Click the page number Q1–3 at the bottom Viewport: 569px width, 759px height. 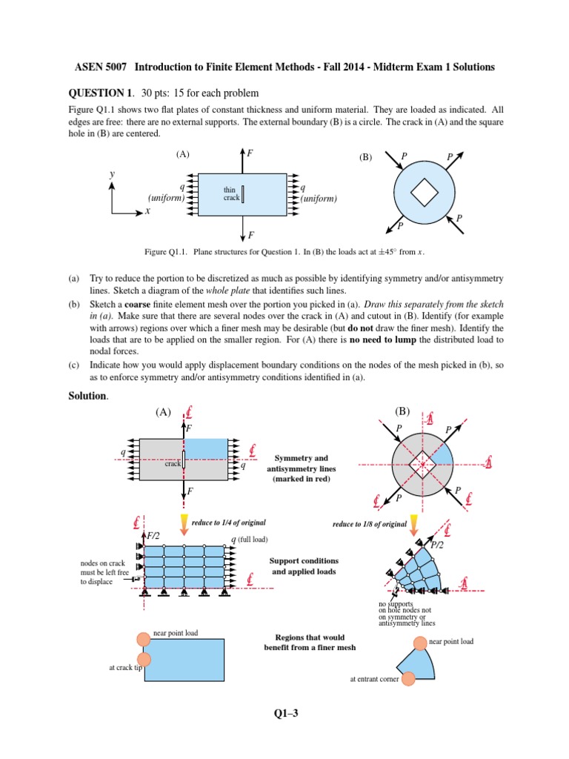(x=284, y=714)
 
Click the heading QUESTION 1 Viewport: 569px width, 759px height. (x=100, y=93)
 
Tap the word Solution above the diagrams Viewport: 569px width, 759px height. (x=87, y=396)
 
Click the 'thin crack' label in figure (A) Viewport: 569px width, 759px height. (x=230, y=194)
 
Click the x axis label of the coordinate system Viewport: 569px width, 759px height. (x=147, y=211)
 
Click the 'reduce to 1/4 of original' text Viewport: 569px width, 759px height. (x=228, y=523)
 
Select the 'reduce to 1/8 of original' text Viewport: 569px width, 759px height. (x=370, y=524)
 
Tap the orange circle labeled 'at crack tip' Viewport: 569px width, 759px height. (x=144, y=659)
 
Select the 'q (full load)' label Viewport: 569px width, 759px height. (x=249, y=539)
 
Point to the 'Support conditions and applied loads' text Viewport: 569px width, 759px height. (x=303, y=566)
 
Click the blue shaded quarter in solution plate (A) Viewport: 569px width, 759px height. (x=204, y=448)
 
